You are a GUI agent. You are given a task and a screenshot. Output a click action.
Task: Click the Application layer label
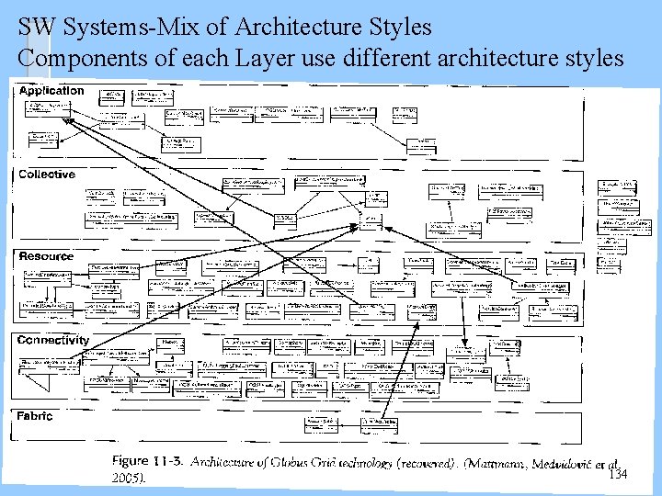point(51,91)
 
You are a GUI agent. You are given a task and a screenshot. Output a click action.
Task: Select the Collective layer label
point(47,175)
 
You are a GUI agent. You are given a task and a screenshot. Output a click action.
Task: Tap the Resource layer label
point(46,256)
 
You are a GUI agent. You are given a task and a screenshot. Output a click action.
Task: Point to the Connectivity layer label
point(53,340)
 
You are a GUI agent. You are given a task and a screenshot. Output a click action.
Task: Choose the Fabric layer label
point(36,416)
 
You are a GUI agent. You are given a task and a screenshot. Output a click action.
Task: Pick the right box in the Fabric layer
point(380,424)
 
